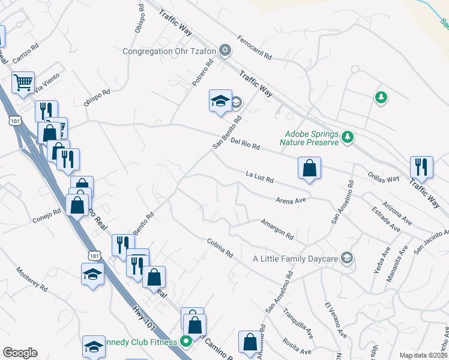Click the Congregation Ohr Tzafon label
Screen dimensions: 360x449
[169, 51]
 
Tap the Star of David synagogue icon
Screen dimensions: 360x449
[224, 50]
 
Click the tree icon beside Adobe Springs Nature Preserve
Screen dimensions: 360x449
[348, 138]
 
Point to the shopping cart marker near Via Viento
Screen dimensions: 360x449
[23, 82]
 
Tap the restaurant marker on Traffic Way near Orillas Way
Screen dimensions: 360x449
[421, 166]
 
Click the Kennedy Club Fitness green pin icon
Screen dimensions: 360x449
[186, 342]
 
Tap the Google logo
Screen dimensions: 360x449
[20, 353]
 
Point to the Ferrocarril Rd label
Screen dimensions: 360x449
[255, 47]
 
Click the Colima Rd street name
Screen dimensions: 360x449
[219, 248]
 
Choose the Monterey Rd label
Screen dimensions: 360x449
[32, 279]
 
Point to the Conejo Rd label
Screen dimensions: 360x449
[48, 212]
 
